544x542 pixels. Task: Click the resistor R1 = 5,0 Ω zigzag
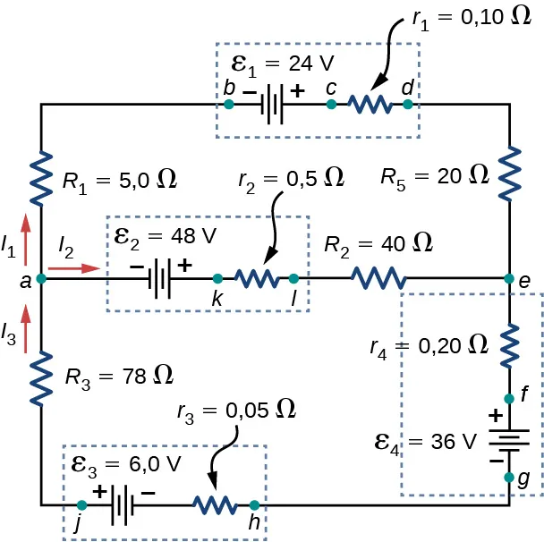click(x=41, y=179)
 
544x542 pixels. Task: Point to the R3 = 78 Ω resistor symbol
click(x=41, y=378)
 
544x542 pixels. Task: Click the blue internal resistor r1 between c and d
click(x=370, y=105)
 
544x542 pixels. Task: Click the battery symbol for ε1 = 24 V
click(x=272, y=105)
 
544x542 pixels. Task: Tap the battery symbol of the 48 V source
click(x=160, y=279)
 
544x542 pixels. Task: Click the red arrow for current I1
click(x=25, y=228)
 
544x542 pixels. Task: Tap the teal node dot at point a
click(x=41, y=279)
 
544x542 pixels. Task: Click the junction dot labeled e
click(x=509, y=279)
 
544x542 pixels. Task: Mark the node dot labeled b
click(x=229, y=105)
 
